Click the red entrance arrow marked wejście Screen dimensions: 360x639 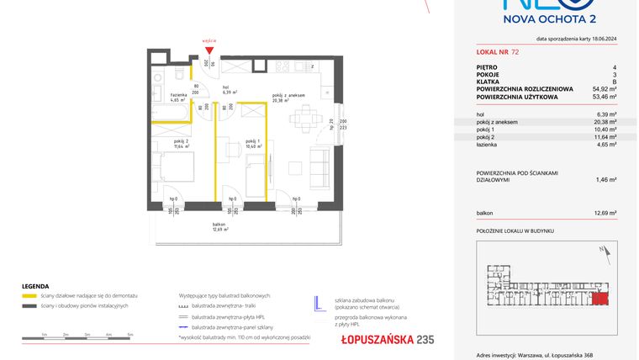[x=209, y=49]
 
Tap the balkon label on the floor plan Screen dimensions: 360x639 [x=219, y=225]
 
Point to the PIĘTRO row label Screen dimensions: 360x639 [x=488, y=67]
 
